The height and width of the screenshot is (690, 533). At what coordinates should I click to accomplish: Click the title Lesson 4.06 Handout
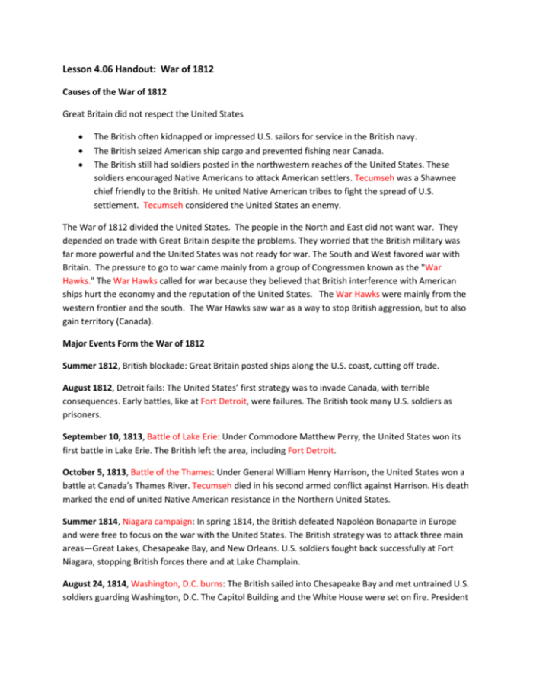click(137, 69)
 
